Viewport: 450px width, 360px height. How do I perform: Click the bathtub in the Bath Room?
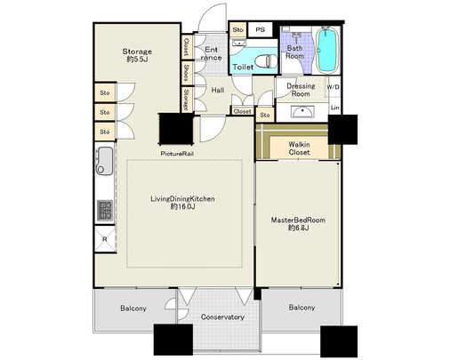(x=328, y=52)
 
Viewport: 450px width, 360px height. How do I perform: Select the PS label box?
(x=261, y=30)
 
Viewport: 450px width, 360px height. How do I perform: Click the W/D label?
(x=333, y=87)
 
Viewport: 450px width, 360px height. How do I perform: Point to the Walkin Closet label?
(x=299, y=148)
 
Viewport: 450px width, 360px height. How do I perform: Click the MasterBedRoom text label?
(x=298, y=223)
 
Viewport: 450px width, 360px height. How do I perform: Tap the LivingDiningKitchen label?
(x=181, y=203)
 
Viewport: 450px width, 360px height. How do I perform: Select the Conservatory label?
(x=222, y=316)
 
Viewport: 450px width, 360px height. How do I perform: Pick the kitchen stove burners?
(x=104, y=210)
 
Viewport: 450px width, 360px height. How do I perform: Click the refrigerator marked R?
(x=105, y=238)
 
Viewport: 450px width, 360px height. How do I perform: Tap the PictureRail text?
(x=178, y=154)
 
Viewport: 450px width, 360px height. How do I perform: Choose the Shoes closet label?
(x=186, y=71)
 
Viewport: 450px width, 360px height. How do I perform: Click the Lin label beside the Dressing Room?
(x=334, y=107)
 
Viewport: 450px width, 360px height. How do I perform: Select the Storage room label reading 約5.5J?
(x=137, y=57)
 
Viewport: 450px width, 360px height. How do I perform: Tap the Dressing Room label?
(x=300, y=89)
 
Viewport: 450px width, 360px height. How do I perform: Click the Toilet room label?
(x=242, y=67)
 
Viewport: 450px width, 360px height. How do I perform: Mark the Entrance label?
(x=212, y=53)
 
